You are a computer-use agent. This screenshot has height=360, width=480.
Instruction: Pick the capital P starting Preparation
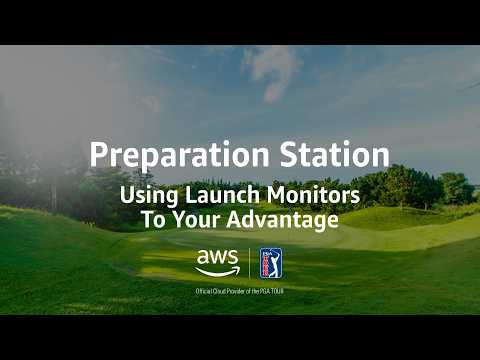tap(97, 156)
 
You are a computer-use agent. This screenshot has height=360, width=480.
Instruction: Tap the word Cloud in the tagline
tap(221, 291)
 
